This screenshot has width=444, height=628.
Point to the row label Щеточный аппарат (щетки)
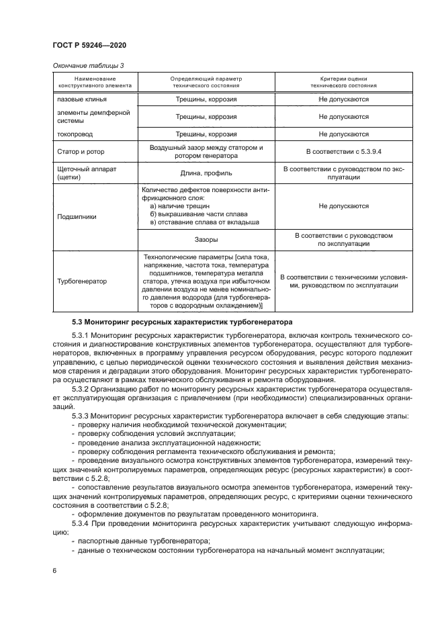[87, 173]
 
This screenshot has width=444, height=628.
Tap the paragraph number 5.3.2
[80, 388]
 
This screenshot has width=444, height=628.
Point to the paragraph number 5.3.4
[80, 522]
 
